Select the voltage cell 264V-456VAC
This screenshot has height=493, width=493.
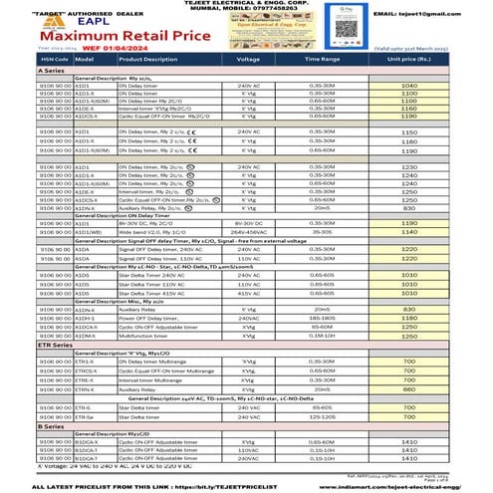247,231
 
